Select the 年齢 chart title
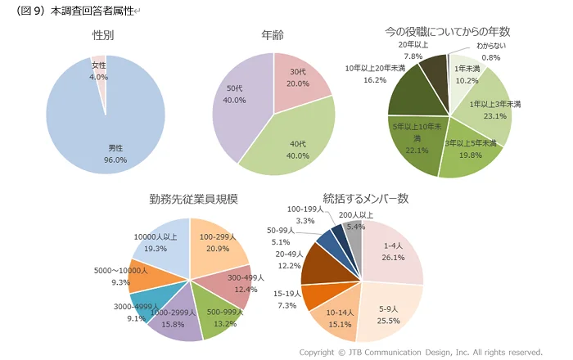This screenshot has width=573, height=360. pos(273,35)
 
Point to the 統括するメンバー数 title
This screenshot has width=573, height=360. pos(366,199)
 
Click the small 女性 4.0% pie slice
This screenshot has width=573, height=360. pos(99,70)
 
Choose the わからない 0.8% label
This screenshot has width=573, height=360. pos(493,52)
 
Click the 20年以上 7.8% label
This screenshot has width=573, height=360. pos(413,51)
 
